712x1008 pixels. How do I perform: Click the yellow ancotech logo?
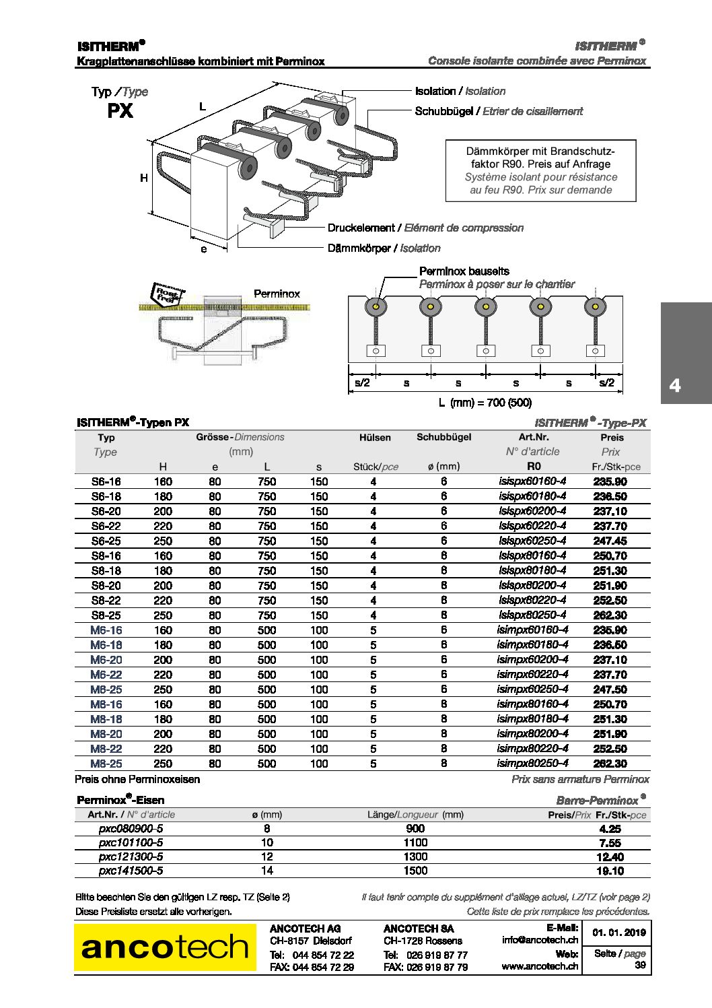(165, 947)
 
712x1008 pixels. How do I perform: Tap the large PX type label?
(120, 111)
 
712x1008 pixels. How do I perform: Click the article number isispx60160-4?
(532, 481)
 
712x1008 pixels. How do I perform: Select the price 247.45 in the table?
(610, 541)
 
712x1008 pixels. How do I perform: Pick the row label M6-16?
(106, 630)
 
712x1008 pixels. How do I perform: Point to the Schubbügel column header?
(443, 437)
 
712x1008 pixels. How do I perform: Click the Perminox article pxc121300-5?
(131, 856)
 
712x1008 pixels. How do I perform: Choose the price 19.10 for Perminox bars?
(610, 871)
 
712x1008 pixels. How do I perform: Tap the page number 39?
(640, 965)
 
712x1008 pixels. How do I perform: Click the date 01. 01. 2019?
(619, 933)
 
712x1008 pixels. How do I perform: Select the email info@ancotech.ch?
(540, 940)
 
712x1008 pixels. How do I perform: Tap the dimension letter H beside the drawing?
(144, 178)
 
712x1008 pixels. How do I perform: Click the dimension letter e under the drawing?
(204, 249)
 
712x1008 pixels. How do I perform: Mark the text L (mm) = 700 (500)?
(485, 403)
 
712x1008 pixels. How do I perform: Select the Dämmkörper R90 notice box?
(540, 170)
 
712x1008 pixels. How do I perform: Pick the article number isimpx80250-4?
(532, 763)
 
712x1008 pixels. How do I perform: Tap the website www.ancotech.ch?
(540, 966)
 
